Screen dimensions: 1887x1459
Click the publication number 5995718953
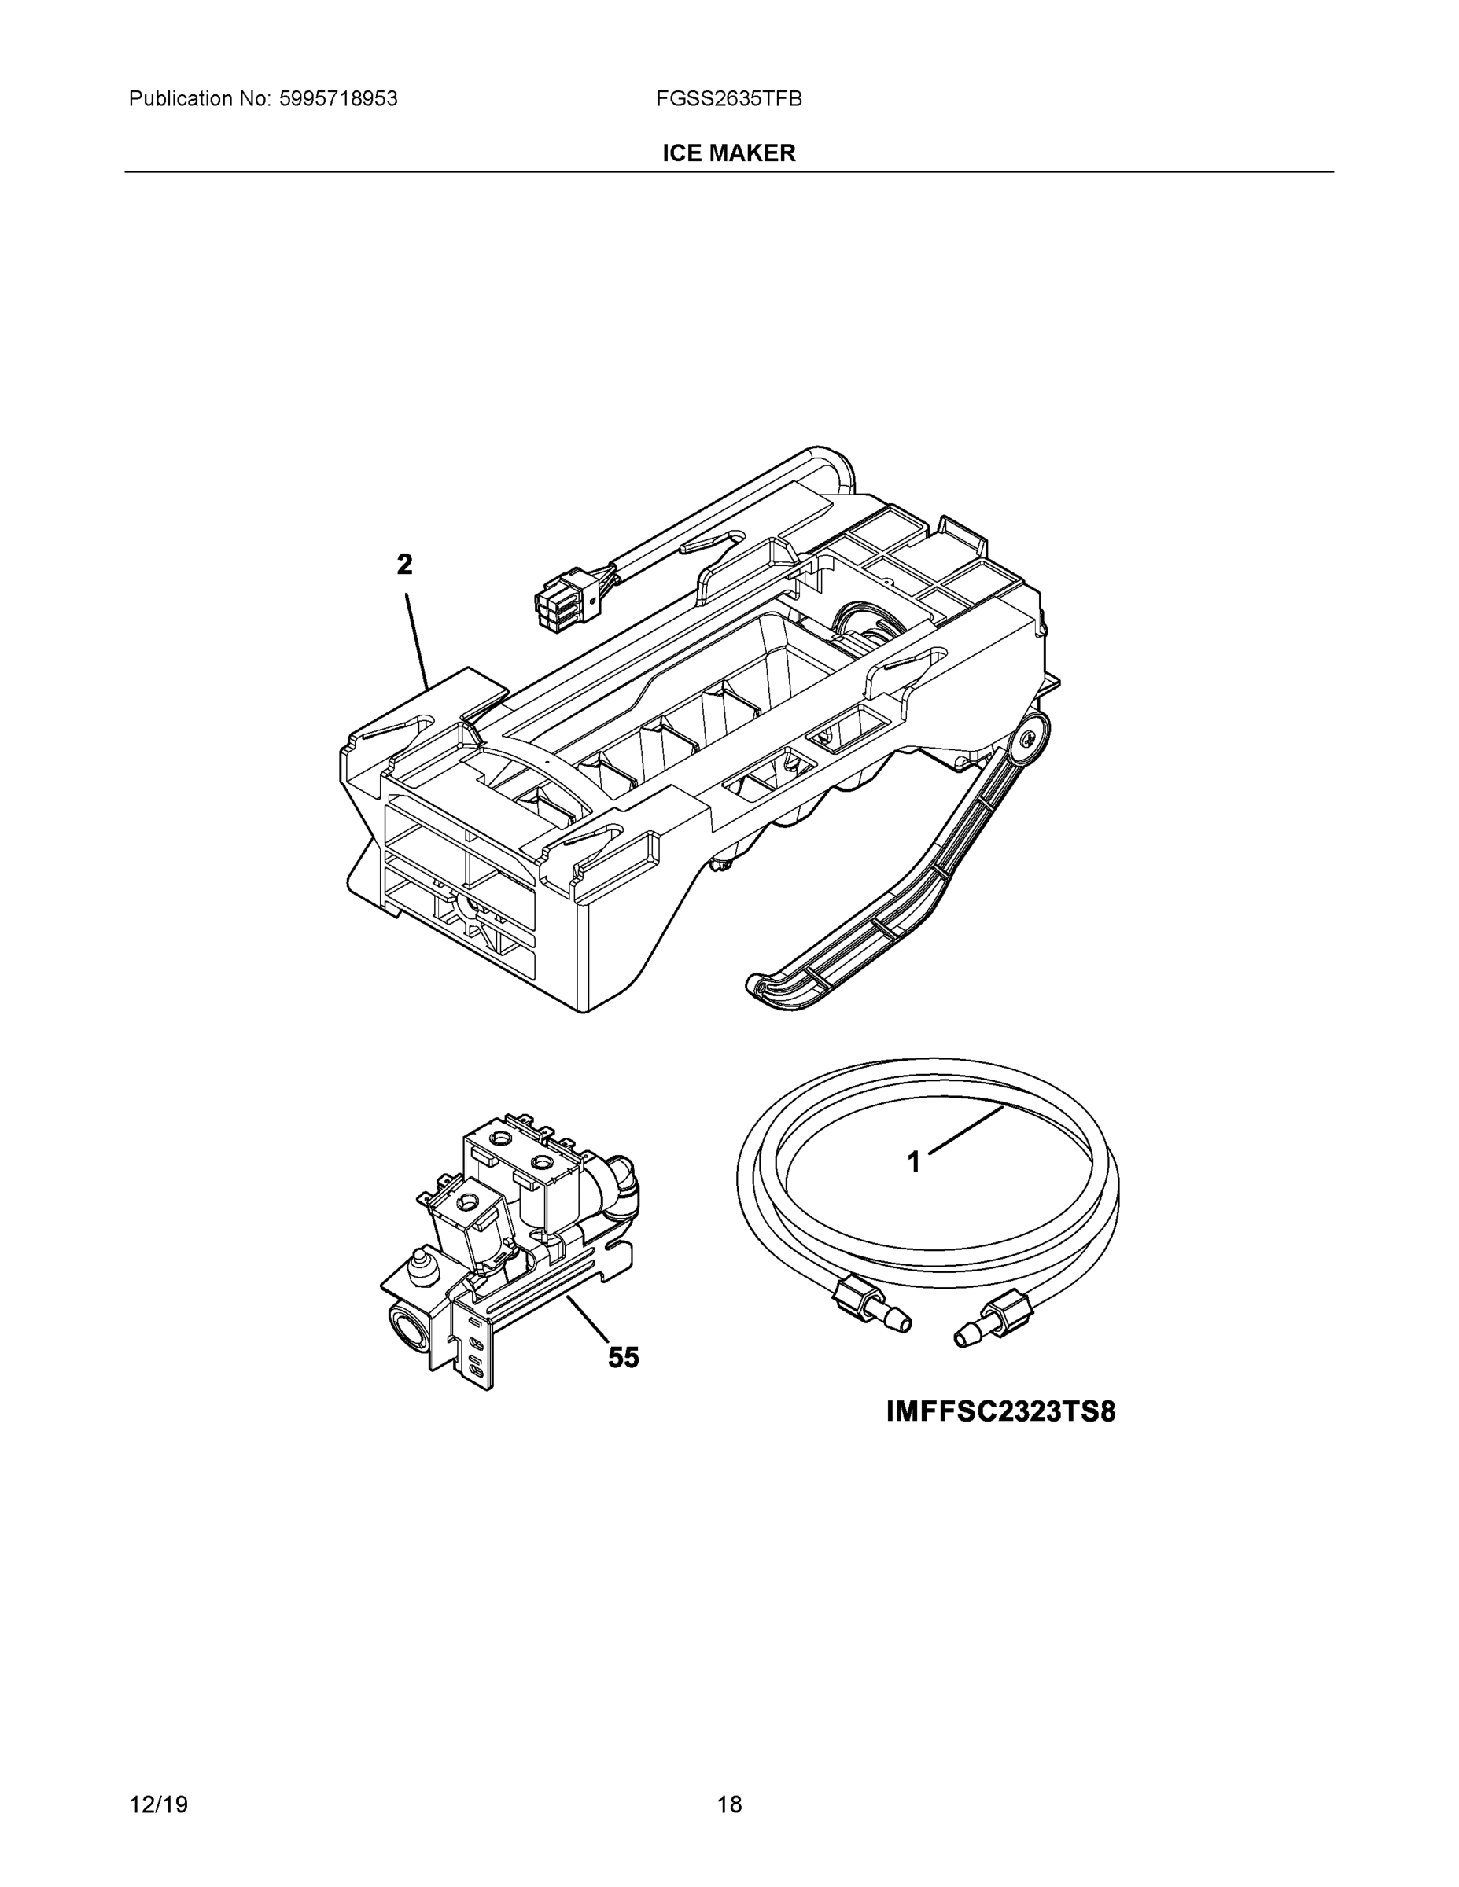click(x=338, y=99)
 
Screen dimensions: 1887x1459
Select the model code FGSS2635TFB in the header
click(x=728, y=99)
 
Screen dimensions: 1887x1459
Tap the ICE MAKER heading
click(x=728, y=154)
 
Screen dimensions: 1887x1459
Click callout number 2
click(x=404, y=565)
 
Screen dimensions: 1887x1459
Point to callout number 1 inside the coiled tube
click(x=914, y=1162)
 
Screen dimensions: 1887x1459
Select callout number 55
click(x=623, y=1357)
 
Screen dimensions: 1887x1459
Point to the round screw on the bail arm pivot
click(x=1027, y=740)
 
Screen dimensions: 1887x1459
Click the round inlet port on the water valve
click(x=411, y=1326)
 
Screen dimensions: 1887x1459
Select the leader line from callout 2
click(x=417, y=639)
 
